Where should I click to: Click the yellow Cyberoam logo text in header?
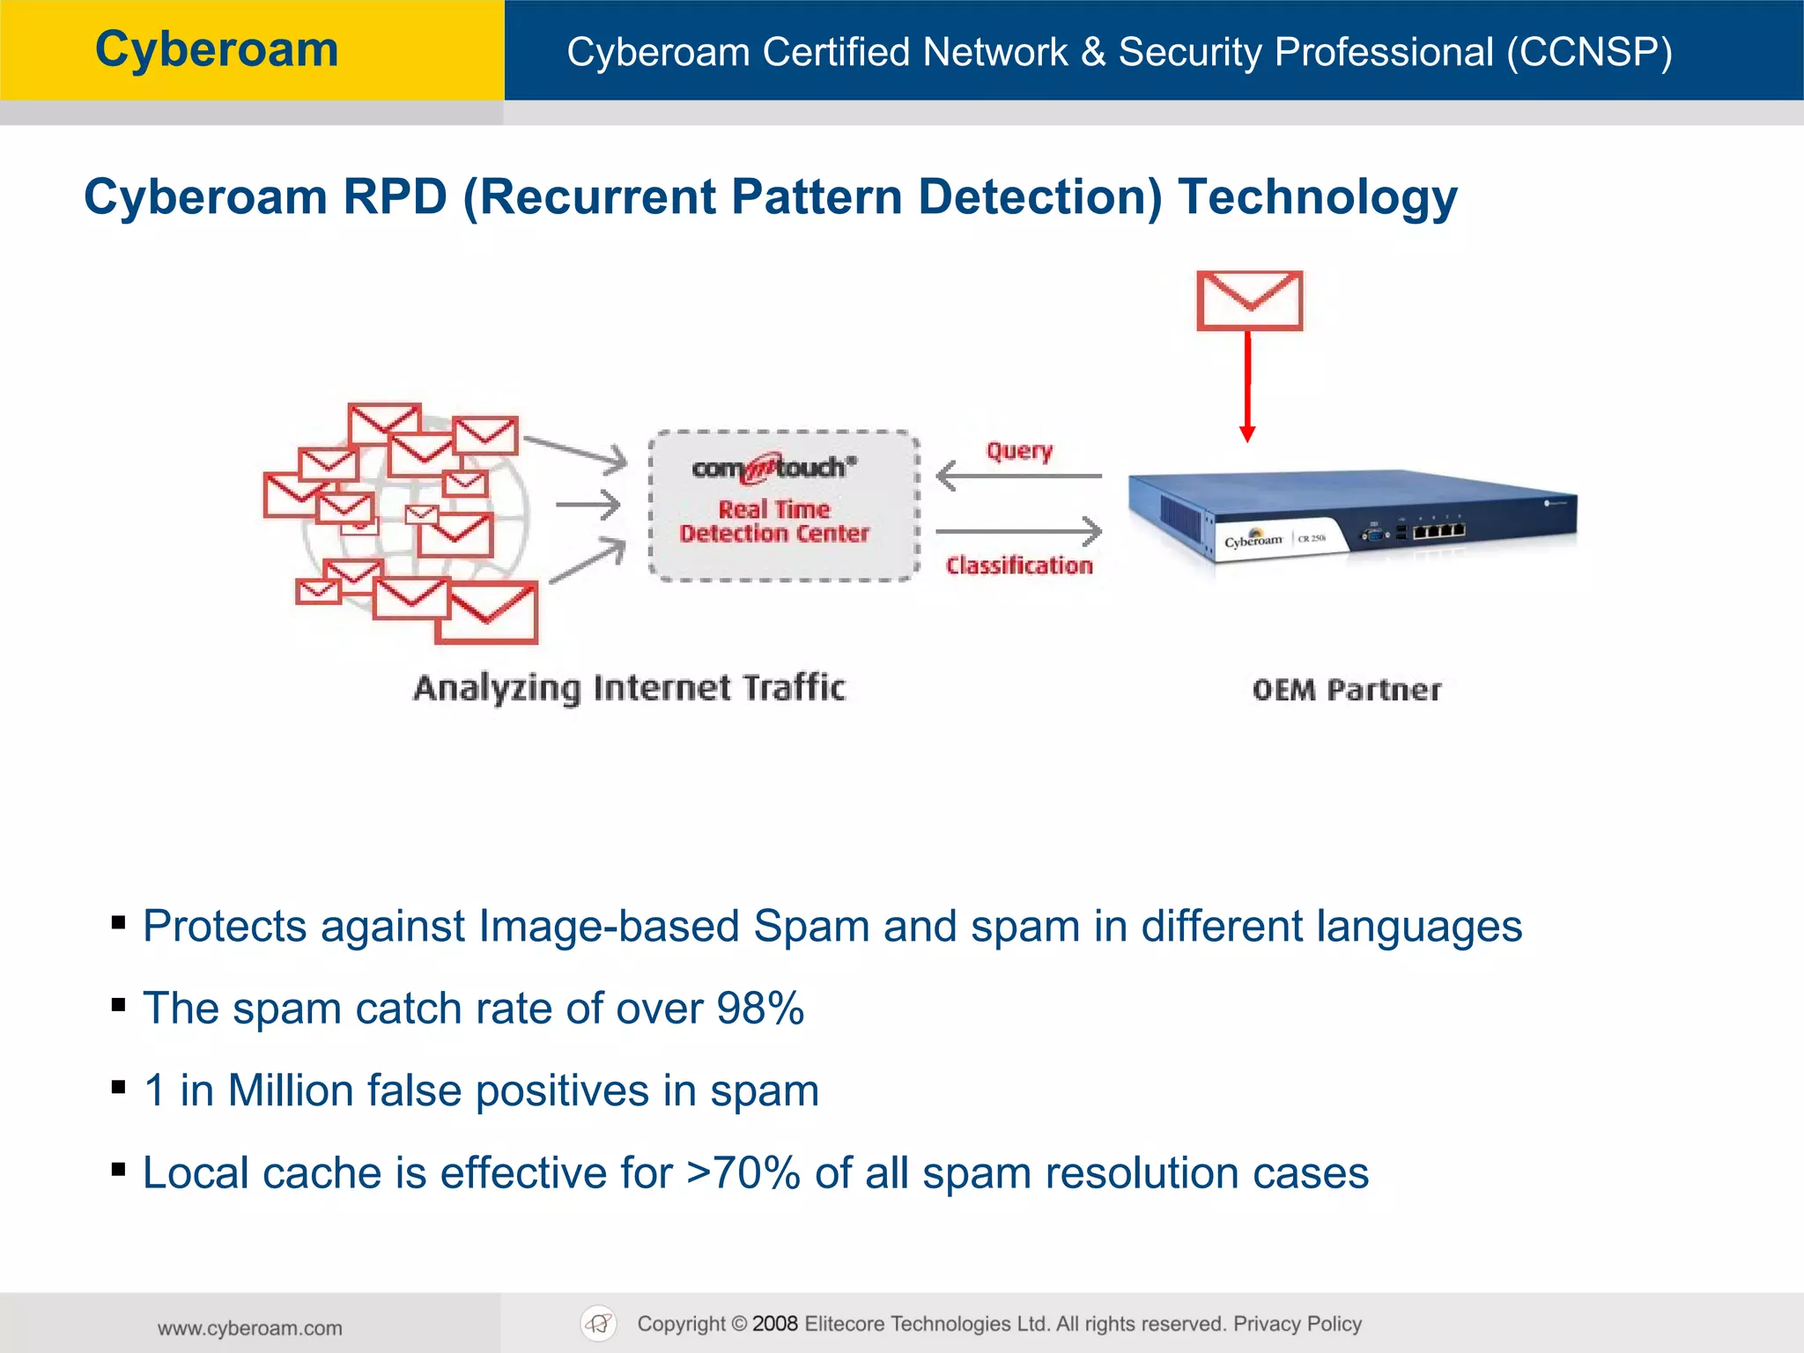click(x=217, y=49)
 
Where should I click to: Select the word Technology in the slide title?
click(x=1317, y=196)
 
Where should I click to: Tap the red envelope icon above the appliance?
click(x=1249, y=300)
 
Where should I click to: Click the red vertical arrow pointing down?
click(x=1247, y=388)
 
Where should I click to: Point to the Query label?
click(x=1019, y=451)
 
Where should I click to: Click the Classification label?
click(x=1019, y=566)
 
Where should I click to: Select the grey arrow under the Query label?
click(x=1018, y=476)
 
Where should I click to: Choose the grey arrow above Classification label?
click(x=1018, y=531)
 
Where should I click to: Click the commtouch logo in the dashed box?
click(x=773, y=468)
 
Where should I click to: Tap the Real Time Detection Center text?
click(x=774, y=521)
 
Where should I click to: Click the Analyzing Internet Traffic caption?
click(x=629, y=688)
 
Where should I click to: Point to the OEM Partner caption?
click(x=1347, y=690)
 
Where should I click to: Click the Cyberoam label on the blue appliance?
click(x=1253, y=540)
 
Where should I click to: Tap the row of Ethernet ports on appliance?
click(x=1439, y=531)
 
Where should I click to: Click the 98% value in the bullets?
click(x=760, y=1008)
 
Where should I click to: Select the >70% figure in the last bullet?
click(x=743, y=1172)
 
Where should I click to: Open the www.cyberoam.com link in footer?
click(x=250, y=1327)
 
